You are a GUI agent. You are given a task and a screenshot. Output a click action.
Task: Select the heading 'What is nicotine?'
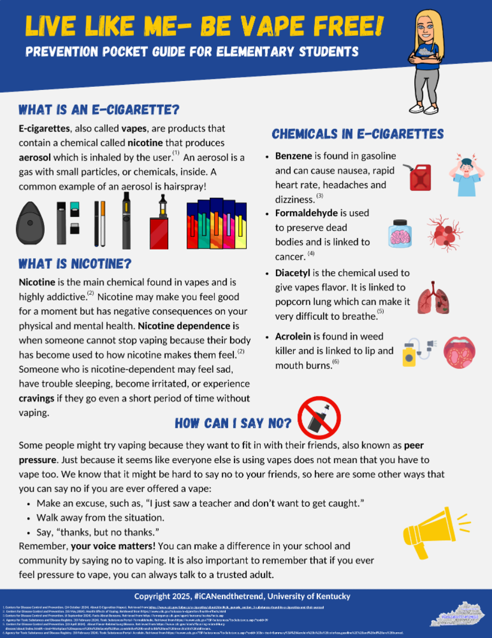click(x=75, y=263)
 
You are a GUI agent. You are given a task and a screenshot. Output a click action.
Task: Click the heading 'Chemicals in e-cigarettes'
click(x=357, y=134)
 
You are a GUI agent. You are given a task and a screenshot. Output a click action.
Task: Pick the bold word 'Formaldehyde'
click(x=307, y=213)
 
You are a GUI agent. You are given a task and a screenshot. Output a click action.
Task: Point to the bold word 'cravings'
click(x=38, y=398)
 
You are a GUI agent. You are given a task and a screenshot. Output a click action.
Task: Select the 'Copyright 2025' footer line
click(x=242, y=596)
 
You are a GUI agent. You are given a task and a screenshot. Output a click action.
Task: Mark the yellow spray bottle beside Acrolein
click(x=410, y=354)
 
